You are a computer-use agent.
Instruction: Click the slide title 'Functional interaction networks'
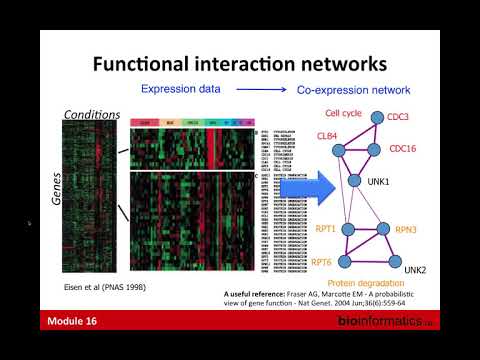coord(239,64)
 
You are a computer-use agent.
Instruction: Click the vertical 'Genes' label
coord(59,188)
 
